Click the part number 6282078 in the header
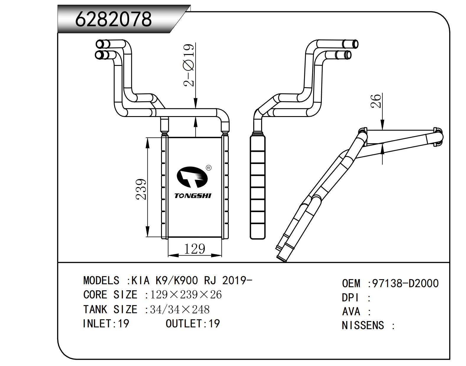tap(113, 19)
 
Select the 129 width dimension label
tap(194, 249)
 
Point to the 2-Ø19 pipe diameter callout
tap(189, 65)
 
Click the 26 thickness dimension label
tap(376, 101)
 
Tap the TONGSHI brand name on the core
tap(193, 196)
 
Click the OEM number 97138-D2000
tap(405, 284)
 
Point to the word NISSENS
tap(363, 326)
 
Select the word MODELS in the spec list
tap(101, 280)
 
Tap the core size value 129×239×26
tap(186, 295)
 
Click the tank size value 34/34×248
tap(180, 309)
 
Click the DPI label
tap(350, 298)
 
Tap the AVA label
tap(351, 312)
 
